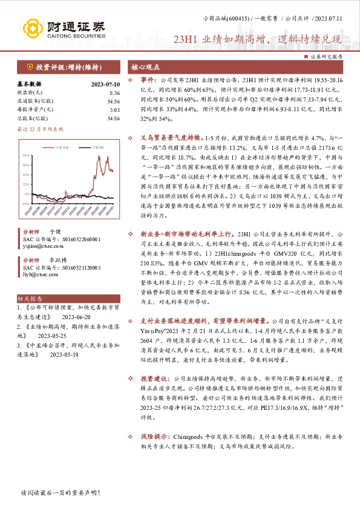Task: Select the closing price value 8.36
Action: point(114,93)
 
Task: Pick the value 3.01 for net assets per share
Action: point(114,110)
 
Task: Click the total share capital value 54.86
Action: point(113,118)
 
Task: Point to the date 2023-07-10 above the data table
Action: point(106,85)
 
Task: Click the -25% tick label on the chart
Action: point(25,194)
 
